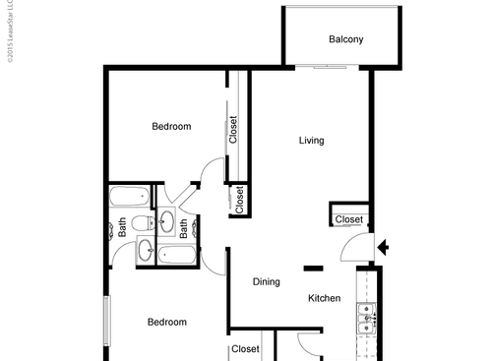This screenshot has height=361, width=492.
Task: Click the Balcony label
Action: pos(345,40)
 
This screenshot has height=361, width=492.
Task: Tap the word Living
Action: pos(311,141)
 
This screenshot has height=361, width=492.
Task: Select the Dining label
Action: pos(267,282)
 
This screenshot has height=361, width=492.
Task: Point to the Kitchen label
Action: pos(325,298)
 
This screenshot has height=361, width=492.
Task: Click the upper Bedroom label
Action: pos(171,126)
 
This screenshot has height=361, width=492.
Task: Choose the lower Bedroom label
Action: pos(167,322)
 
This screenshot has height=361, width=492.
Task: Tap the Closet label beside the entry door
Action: pos(349,219)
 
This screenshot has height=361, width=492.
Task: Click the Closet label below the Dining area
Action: pos(245,349)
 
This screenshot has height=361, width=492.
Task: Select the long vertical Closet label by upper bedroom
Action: pos(233,130)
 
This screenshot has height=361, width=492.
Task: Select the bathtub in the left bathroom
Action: pos(128,195)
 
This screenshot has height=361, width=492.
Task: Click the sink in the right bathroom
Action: pos(167,219)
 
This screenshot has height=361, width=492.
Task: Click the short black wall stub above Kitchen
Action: pos(314,267)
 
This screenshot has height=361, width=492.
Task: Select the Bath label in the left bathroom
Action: pos(123,227)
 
